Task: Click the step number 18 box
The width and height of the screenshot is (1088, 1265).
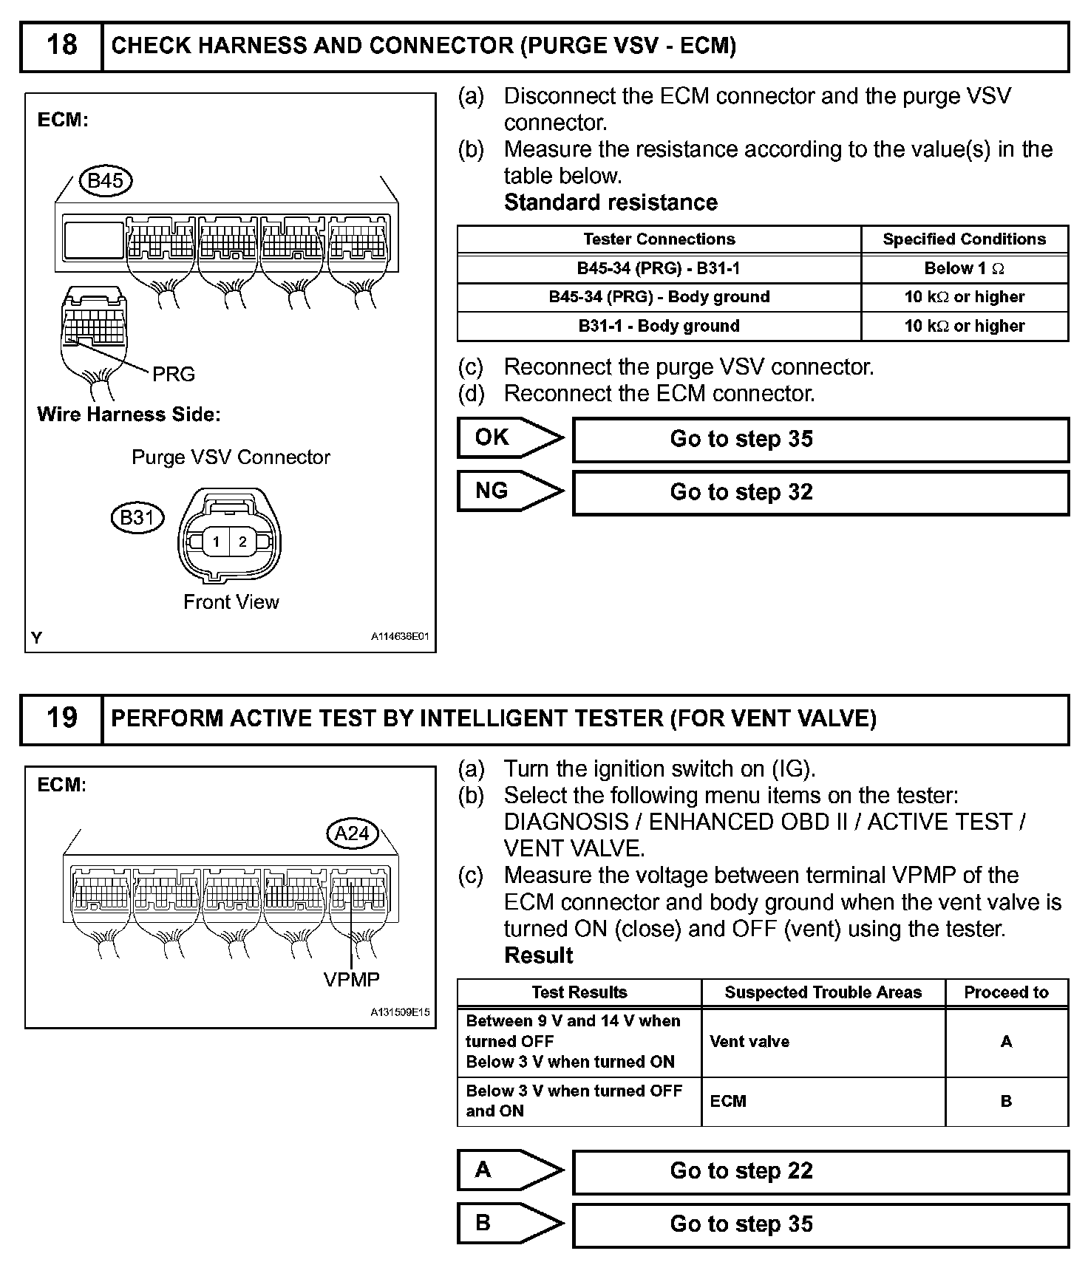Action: pyautogui.click(x=61, y=46)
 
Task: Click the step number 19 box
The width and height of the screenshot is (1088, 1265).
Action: pyautogui.click(x=61, y=718)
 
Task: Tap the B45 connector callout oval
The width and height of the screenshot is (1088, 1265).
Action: pyautogui.click(x=105, y=181)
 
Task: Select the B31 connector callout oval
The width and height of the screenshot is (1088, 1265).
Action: pyautogui.click(x=137, y=517)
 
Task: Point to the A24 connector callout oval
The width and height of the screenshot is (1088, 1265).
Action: pyautogui.click(x=352, y=833)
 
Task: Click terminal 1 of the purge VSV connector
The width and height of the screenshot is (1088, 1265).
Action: pyautogui.click(x=216, y=542)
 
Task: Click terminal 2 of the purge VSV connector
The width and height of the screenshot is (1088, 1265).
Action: pyautogui.click(x=242, y=542)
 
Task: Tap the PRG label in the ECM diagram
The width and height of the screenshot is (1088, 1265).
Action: pyautogui.click(x=174, y=375)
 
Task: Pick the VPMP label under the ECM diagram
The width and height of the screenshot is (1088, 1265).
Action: pyautogui.click(x=352, y=980)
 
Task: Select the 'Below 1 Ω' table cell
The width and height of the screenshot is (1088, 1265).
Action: pyautogui.click(x=964, y=268)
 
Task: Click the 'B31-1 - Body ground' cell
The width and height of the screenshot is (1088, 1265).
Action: pyautogui.click(x=659, y=326)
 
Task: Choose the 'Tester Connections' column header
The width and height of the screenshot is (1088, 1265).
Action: pyautogui.click(x=659, y=239)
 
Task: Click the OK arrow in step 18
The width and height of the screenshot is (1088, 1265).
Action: pyautogui.click(x=509, y=437)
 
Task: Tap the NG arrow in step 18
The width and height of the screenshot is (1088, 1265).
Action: pyautogui.click(x=509, y=491)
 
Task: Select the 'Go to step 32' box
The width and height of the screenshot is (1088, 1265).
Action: pyautogui.click(x=820, y=492)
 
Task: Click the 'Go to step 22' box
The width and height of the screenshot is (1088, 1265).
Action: pyautogui.click(x=820, y=1171)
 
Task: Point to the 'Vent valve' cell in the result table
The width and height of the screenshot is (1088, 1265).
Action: pyautogui.click(x=749, y=1042)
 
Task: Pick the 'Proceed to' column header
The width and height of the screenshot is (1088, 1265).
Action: pyautogui.click(x=1006, y=992)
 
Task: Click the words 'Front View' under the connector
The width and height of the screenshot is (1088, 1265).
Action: pyautogui.click(x=231, y=602)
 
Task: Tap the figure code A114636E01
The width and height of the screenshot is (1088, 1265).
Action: pyautogui.click(x=399, y=636)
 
